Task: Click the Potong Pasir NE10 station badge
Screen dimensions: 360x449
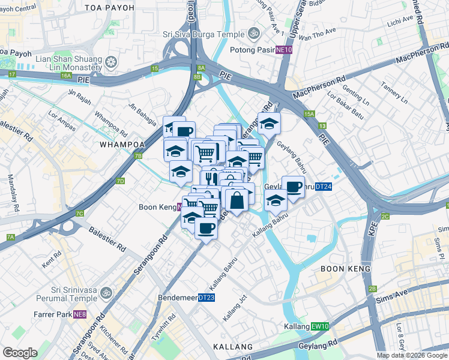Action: coord(284,50)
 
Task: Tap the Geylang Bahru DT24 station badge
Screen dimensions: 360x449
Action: coord(323,187)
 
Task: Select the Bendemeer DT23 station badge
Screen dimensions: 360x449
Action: coord(206,297)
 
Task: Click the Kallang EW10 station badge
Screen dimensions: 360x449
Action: coord(321,326)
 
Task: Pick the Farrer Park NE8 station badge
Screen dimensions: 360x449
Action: coord(80,314)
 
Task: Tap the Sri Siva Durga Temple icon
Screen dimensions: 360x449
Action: coord(254,33)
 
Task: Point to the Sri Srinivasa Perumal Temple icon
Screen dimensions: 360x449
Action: coord(106,293)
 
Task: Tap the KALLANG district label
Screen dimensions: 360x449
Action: coord(233,347)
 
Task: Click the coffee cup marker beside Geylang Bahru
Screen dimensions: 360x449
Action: coord(293,188)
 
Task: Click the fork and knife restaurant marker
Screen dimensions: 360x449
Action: coord(212,178)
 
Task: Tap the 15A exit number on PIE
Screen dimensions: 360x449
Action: coord(309,113)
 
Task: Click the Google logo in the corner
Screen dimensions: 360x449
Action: coord(20,353)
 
